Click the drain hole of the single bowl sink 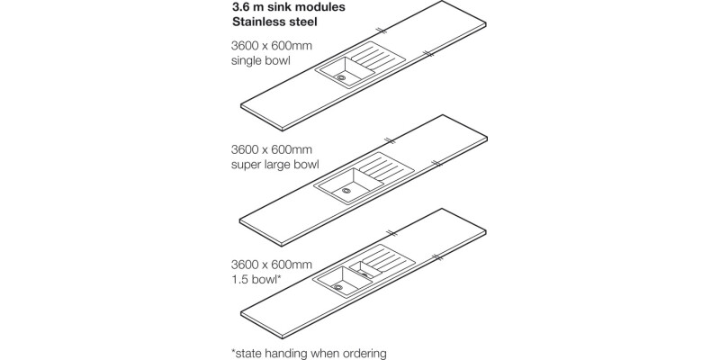click(341, 77)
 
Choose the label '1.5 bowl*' click(256, 281)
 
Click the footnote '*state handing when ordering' click(309, 353)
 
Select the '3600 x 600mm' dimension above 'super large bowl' click(271, 148)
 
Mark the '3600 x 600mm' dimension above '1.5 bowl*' click(271, 265)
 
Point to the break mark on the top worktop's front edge click(430, 54)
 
